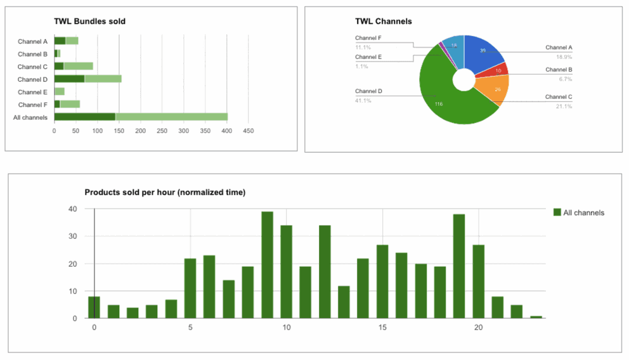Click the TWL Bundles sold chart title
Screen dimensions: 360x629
coord(89,21)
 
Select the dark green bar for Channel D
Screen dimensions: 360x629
coord(69,79)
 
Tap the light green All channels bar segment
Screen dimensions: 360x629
coord(171,117)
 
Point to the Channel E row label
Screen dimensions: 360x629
coord(32,92)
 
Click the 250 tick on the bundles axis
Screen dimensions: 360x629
coord(162,131)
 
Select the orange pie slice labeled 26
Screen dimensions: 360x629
coord(495,91)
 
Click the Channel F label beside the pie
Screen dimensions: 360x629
coord(368,38)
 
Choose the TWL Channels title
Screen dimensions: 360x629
coord(384,21)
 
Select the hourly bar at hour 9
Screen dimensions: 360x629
coord(267,265)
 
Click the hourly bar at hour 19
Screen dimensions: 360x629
coord(459,266)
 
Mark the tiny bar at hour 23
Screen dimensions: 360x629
coord(536,317)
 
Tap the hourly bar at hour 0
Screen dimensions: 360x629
coord(94,307)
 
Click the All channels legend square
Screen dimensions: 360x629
coord(557,213)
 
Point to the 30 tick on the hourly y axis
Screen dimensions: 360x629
coord(72,236)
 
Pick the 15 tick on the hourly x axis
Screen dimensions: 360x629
coord(382,328)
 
